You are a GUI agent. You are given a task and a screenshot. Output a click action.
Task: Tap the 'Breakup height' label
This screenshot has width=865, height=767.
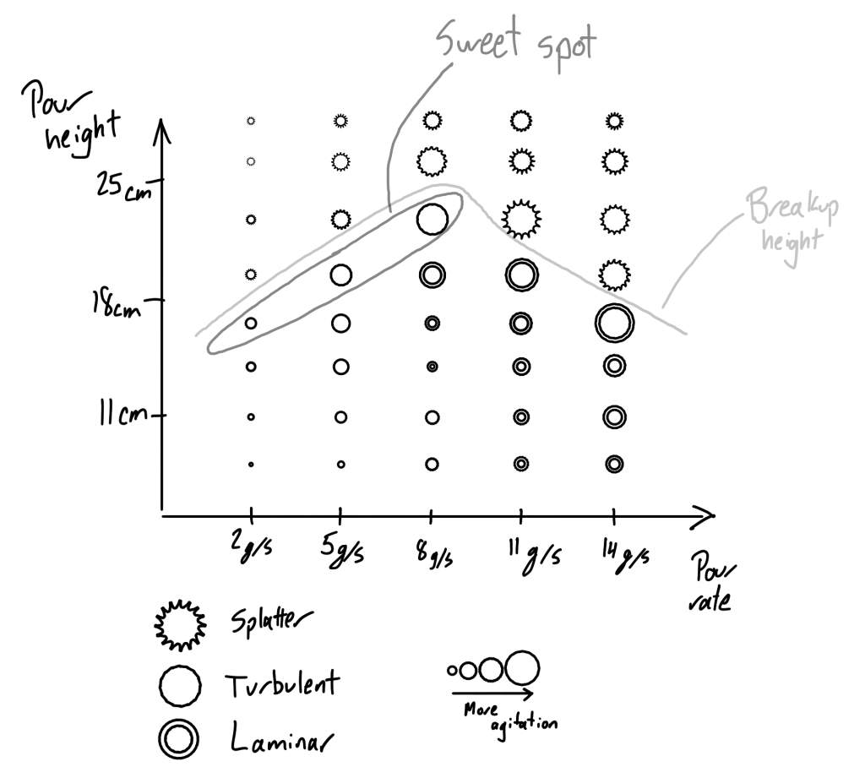[792, 226]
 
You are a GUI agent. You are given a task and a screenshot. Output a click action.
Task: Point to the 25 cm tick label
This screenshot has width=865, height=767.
[123, 186]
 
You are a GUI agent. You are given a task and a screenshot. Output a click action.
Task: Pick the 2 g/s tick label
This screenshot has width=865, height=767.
[252, 549]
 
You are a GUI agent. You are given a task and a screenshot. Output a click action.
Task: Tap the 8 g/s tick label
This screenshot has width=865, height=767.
[435, 554]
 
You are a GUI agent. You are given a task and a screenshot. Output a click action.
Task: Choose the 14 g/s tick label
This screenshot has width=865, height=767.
[624, 555]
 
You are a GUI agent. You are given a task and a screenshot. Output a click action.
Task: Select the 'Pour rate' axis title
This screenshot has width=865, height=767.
[711, 583]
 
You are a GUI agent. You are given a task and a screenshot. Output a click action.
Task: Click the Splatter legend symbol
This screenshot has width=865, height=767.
[180, 623]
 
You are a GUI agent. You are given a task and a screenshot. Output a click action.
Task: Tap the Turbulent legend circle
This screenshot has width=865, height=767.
[180, 685]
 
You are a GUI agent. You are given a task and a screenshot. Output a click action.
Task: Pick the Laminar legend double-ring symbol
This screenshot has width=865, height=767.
[178, 737]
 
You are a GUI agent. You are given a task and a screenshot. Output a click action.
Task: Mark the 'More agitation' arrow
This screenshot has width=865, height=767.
[492, 693]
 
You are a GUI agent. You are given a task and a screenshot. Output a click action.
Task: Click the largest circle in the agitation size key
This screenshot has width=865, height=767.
[522, 668]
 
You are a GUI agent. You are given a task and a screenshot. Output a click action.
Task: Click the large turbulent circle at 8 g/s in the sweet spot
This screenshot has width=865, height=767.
[432, 219]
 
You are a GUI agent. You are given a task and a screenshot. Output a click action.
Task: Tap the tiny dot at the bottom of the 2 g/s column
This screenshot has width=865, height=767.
[251, 465]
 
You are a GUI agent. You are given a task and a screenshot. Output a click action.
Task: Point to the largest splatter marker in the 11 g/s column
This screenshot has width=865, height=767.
[521, 219]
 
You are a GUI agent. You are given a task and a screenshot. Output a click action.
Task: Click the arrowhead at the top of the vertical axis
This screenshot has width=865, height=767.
[162, 131]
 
